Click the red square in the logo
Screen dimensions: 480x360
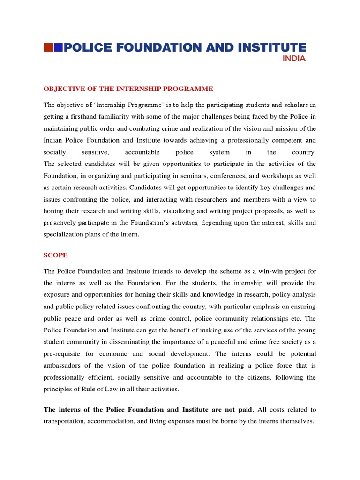pos(48,47)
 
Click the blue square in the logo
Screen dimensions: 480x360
pos(58,47)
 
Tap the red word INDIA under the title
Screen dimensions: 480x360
pos(294,59)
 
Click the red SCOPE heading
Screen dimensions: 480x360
pos(55,255)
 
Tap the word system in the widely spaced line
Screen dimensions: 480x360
pos(220,152)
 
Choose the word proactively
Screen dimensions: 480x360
pos(61,223)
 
